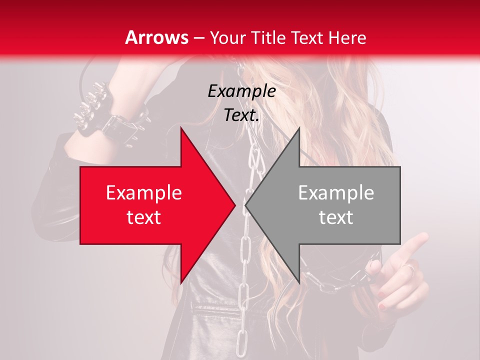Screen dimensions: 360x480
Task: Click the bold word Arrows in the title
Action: coord(157,37)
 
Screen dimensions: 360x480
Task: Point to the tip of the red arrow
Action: coord(235,205)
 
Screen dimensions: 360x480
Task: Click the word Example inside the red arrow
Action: coord(144,192)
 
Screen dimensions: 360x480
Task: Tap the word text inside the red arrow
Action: coord(144,217)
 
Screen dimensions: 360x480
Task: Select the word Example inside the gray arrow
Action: coord(336,192)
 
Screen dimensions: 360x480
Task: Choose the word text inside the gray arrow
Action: coord(336,217)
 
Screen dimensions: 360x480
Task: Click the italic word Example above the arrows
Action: coord(242,91)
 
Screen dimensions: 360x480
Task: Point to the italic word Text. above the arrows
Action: coord(242,115)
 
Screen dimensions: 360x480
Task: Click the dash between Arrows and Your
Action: coord(198,38)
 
